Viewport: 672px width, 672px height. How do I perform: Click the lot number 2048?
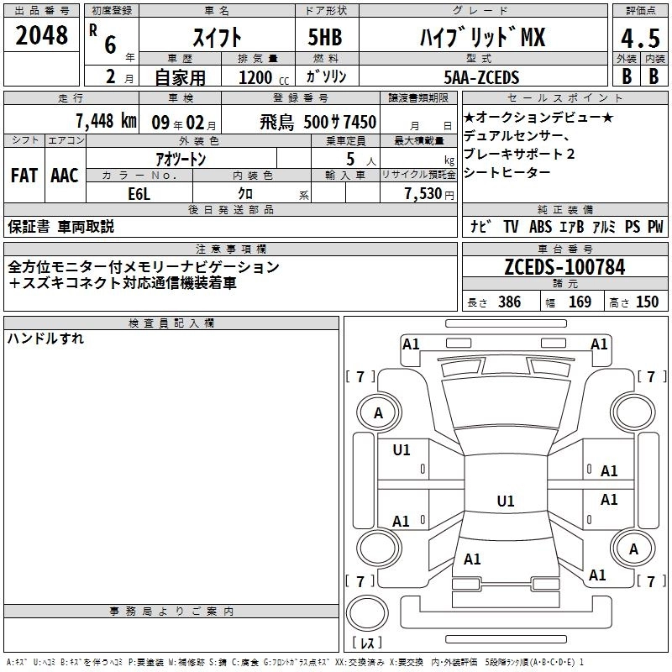click(41, 35)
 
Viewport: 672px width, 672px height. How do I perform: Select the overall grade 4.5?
click(640, 38)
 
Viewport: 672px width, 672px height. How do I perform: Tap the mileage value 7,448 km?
click(106, 121)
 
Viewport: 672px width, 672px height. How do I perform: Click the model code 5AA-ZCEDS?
click(481, 77)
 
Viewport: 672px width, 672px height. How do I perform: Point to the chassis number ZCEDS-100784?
click(564, 266)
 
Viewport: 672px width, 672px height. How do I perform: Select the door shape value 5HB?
click(325, 37)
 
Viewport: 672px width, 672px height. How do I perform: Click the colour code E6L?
click(139, 194)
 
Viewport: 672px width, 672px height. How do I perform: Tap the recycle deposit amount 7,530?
click(423, 194)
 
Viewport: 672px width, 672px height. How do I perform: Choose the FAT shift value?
click(24, 176)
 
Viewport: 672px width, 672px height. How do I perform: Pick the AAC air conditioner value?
click(65, 176)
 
